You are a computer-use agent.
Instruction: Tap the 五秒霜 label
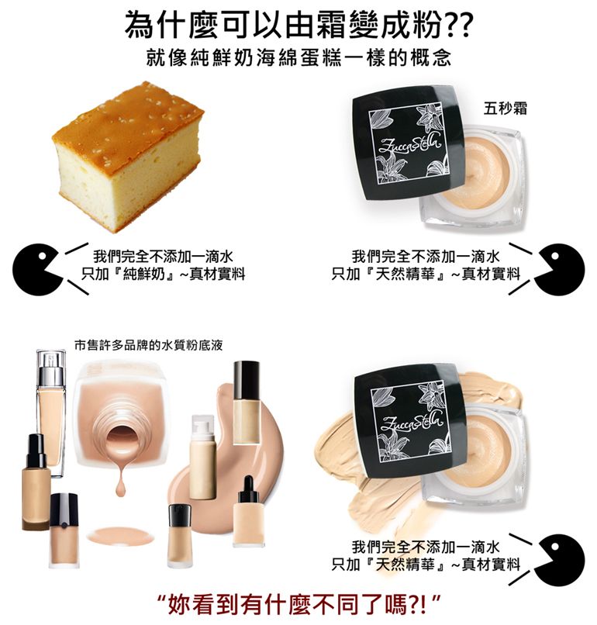[505, 109]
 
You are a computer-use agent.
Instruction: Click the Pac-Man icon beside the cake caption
[36, 269]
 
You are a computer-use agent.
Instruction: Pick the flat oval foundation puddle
[120, 535]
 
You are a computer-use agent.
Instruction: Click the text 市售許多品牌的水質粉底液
[148, 345]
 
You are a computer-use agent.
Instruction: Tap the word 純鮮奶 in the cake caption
[143, 275]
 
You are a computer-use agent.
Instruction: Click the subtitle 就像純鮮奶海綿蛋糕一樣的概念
[298, 58]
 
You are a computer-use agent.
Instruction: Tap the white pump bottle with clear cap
[203, 458]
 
